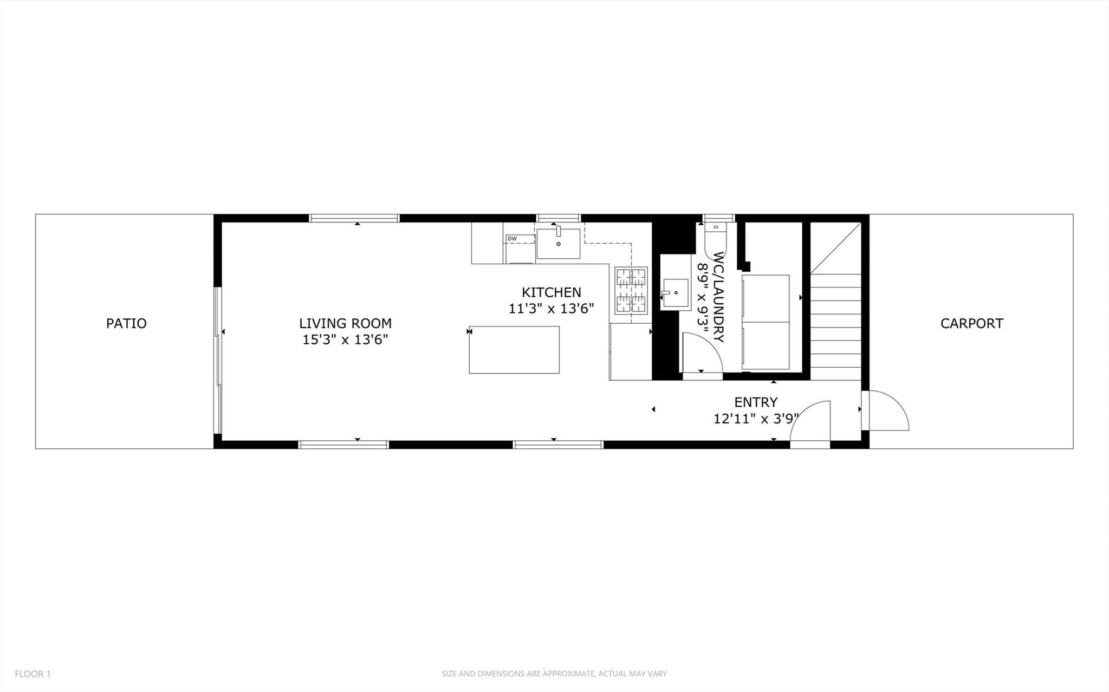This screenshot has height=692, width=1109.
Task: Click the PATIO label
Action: (126, 323)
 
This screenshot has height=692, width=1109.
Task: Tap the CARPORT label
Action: (971, 323)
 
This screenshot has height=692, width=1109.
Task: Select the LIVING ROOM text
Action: (345, 323)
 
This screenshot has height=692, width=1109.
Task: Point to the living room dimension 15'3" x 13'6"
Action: (345, 340)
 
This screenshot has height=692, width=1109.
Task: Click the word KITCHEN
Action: (551, 292)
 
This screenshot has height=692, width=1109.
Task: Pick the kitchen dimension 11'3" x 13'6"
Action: (551, 309)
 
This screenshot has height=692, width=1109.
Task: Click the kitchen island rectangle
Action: (514, 349)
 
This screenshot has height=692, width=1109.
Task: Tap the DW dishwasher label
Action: (512, 239)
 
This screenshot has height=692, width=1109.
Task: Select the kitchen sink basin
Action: (558, 244)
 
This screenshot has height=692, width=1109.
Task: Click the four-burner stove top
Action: (631, 291)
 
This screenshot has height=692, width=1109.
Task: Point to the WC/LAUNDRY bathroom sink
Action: (675, 293)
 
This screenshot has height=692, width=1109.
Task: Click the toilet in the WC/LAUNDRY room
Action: (716, 238)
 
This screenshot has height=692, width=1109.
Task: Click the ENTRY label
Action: (755, 402)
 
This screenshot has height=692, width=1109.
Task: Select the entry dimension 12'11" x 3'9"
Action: (755, 419)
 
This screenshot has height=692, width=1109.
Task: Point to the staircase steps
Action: (835, 325)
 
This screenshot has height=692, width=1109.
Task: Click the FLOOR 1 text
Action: (33, 674)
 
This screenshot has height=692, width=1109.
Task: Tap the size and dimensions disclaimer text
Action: (554, 674)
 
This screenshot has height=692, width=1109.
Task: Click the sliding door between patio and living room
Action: (218, 360)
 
